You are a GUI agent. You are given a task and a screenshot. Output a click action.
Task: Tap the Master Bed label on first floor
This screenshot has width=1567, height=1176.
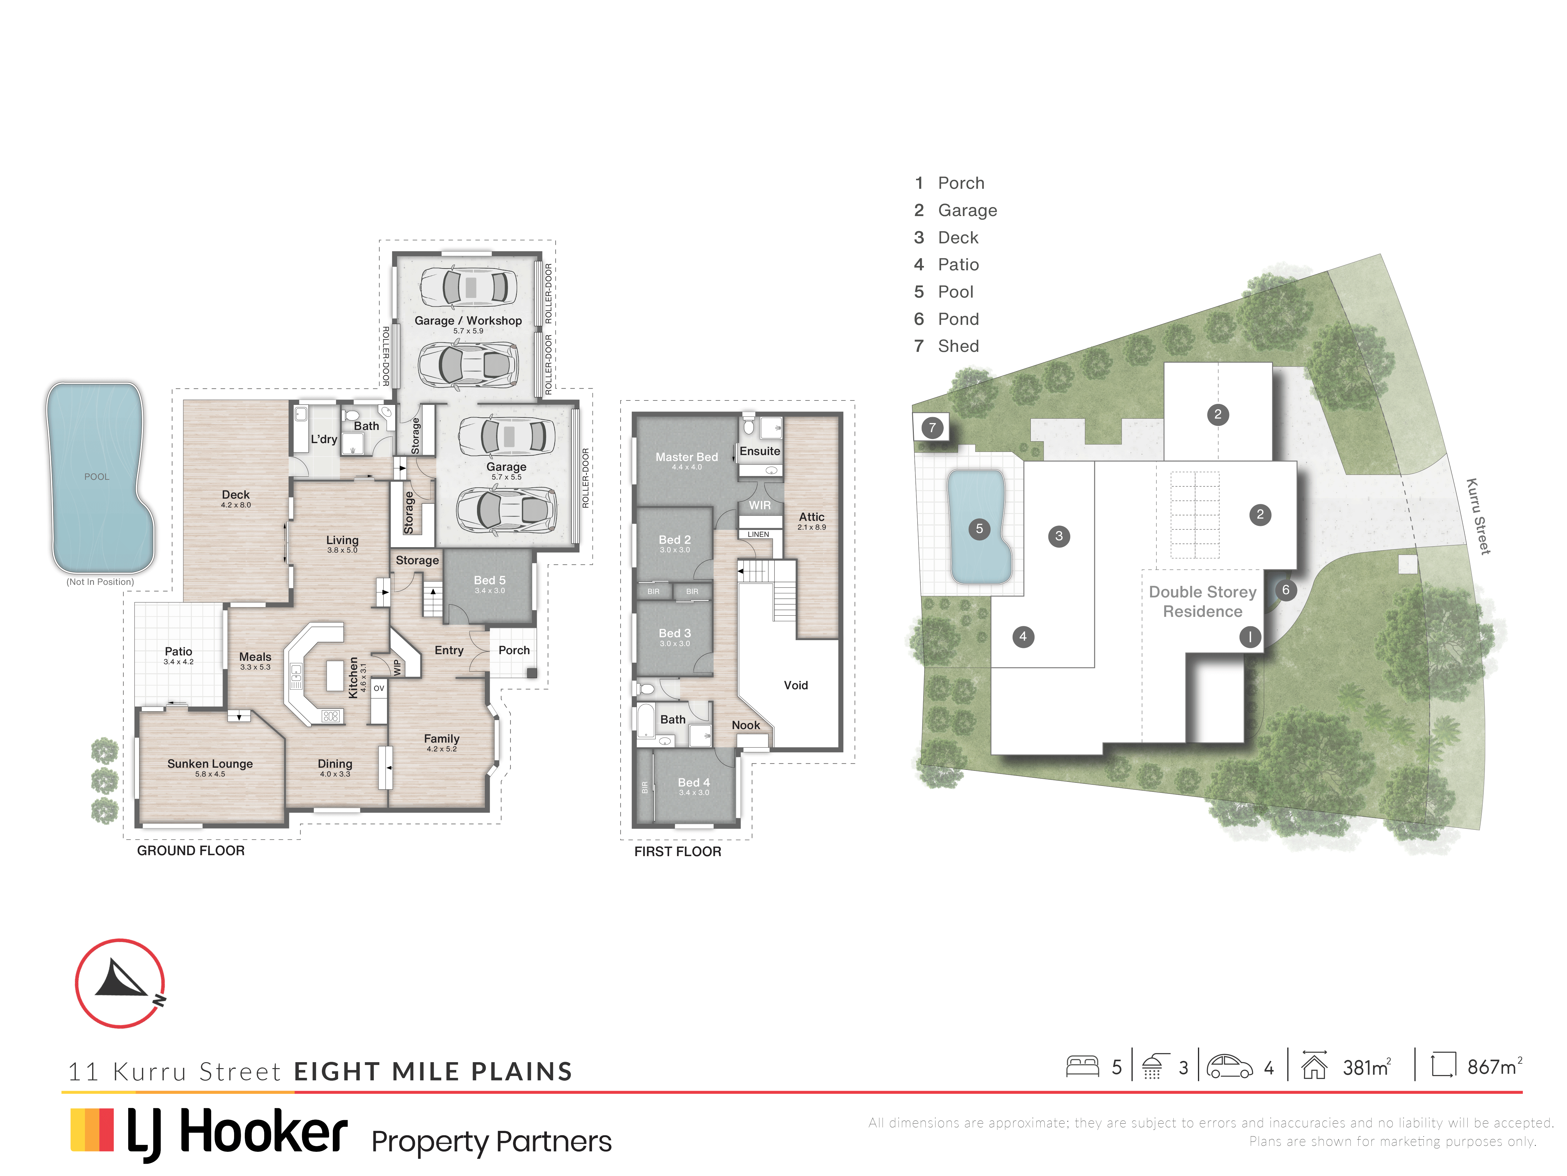pyautogui.click(x=686, y=457)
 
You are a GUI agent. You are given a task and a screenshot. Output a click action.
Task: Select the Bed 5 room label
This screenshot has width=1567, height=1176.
pyautogui.click(x=490, y=580)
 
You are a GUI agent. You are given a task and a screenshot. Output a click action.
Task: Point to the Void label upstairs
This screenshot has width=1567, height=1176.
pyautogui.click(x=795, y=685)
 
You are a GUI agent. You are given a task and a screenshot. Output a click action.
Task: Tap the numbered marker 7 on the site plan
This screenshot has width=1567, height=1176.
pyautogui.click(x=932, y=427)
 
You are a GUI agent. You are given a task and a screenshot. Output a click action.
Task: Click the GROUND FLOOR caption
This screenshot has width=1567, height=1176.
pyautogui.click(x=191, y=850)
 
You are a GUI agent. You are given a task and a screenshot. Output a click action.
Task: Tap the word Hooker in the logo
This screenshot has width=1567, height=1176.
pyautogui.click(x=264, y=1132)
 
